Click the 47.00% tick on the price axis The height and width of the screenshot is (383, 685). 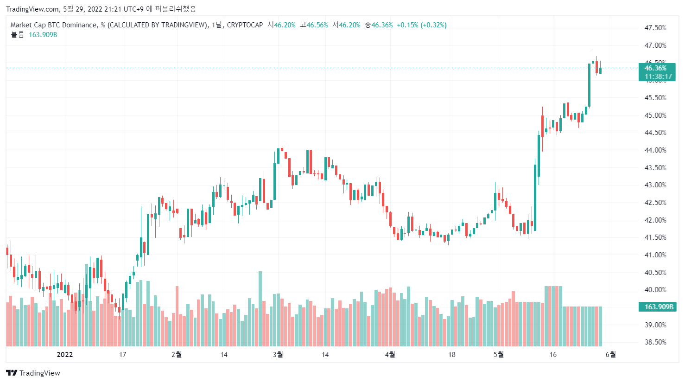pos(655,45)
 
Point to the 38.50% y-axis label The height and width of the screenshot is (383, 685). pos(655,342)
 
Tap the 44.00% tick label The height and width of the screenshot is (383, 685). pos(655,150)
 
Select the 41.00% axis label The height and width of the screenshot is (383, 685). pos(655,255)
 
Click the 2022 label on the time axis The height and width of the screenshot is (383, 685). pos(65,355)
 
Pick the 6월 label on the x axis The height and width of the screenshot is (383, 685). pos(611,355)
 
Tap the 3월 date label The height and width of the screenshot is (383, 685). pos(278,355)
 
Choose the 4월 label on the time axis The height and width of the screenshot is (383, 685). pos(390,355)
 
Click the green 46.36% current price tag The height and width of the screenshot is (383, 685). pos(655,68)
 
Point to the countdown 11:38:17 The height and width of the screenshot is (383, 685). pos(658,77)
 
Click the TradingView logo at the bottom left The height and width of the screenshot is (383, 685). pos(33,373)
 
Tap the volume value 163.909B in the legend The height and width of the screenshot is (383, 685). pos(43,35)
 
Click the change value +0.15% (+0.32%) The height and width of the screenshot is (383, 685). pos(422,25)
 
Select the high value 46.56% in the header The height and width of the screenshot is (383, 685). pos(317,25)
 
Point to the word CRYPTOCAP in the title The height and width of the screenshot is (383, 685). pos(245,25)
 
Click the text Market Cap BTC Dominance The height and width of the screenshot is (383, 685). pos(54,25)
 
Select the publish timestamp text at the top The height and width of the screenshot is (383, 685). pos(101,9)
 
